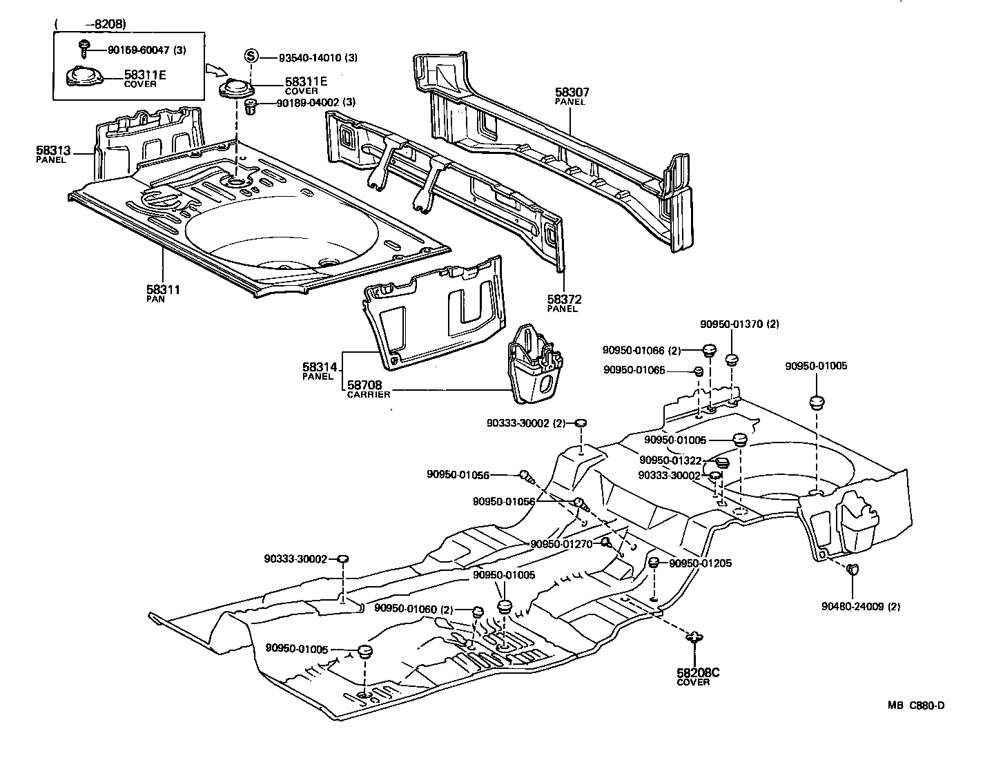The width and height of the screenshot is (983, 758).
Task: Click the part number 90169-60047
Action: pyautogui.click(x=137, y=50)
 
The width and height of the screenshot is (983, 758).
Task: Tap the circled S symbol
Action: pyautogui.click(x=252, y=57)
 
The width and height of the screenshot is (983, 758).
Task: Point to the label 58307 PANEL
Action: pyautogui.click(x=572, y=96)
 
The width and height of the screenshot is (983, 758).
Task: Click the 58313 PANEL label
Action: pyautogui.click(x=52, y=153)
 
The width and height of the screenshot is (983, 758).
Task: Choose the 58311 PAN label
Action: pyautogui.click(x=162, y=293)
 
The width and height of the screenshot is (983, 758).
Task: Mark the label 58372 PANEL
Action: pyautogui.click(x=564, y=303)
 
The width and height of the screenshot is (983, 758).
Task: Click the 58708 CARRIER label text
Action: pyautogui.click(x=368, y=389)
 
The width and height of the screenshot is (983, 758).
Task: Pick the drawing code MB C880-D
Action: pyautogui.click(x=915, y=705)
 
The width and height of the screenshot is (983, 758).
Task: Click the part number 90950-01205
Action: pyautogui.click(x=701, y=563)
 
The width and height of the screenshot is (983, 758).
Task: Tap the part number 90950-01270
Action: pyautogui.click(x=561, y=544)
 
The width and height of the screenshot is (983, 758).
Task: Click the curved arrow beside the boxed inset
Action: pyautogui.click(x=215, y=69)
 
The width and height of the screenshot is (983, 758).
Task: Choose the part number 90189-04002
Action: pyautogui.click(x=308, y=103)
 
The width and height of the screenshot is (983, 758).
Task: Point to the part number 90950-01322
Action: pyautogui.click(x=670, y=460)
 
